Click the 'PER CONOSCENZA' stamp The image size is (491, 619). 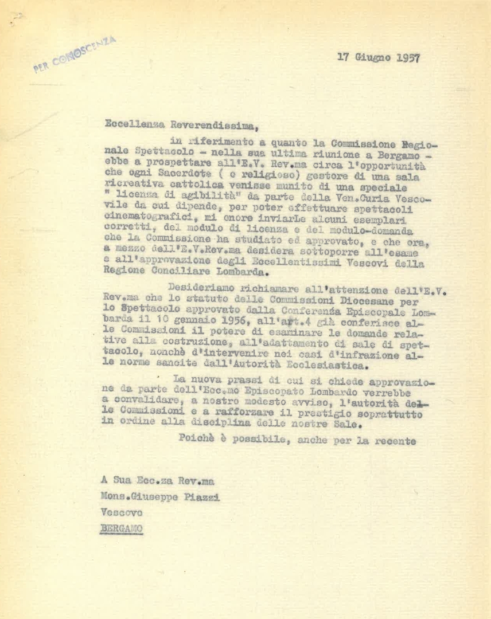click(75, 54)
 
